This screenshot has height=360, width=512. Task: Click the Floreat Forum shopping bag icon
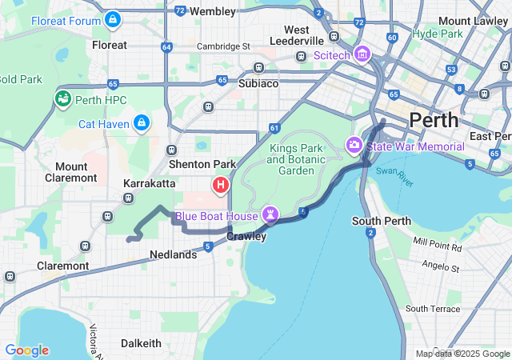[114, 18]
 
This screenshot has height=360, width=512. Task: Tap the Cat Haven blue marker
[141, 122]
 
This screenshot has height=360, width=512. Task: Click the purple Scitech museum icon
[362, 54]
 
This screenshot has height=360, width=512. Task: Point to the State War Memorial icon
[354, 146]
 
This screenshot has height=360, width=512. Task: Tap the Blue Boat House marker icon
[271, 215]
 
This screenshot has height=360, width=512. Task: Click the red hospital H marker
[221, 186]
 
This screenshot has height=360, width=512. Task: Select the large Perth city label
[434, 121]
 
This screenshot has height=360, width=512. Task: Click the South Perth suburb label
[382, 221]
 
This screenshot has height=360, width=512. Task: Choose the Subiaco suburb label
[258, 82]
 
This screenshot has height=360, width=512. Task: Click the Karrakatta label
[149, 183]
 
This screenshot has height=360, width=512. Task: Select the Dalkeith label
[141, 342]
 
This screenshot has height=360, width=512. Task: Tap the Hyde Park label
[438, 34]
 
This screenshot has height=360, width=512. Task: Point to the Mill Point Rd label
[438, 244]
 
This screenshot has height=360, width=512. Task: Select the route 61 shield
[274, 128]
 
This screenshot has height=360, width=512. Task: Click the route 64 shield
[166, 47]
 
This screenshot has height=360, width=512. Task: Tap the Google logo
[26, 350]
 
